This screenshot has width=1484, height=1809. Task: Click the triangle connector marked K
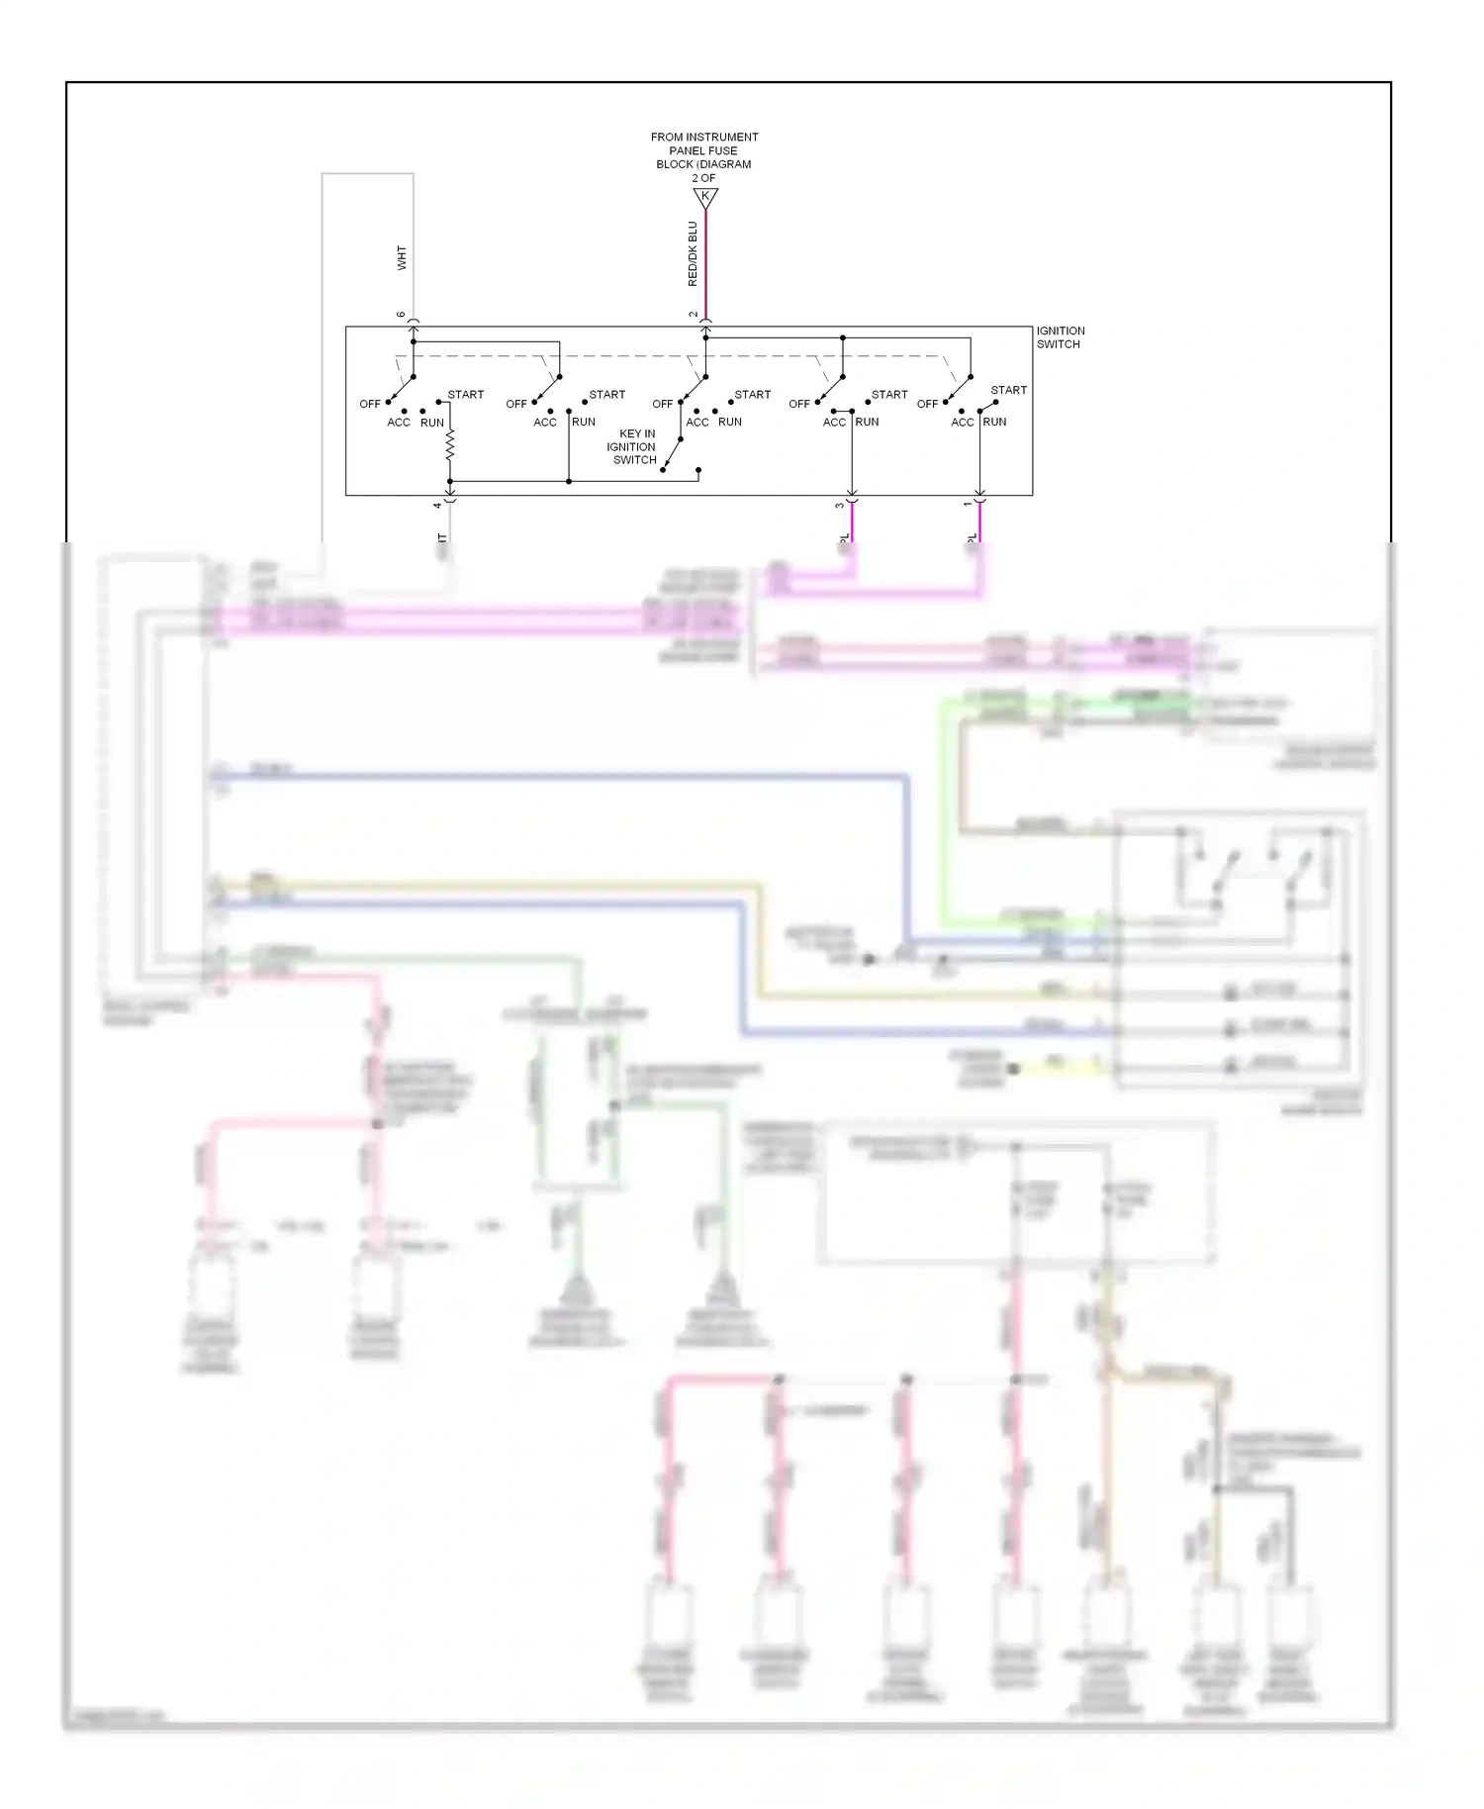tap(704, 197)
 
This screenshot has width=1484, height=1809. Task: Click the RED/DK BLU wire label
tap(693, 254)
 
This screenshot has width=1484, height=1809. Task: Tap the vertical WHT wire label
tap(402, 258)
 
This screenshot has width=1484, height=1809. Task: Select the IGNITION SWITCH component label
tap(1060, 337)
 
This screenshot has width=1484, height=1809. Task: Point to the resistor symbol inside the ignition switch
tap(449, 446)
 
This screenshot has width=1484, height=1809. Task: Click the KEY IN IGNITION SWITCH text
tap(634, 446)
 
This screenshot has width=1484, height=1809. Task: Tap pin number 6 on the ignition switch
tap(402, 315)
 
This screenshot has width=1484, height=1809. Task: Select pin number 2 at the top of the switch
tap(694, 315)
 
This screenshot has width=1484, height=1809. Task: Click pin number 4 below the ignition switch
tap(437, 505)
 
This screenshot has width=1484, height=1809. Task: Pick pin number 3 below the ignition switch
tap(839, 505)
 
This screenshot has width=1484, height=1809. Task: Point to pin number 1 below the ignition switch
tap(968, 505)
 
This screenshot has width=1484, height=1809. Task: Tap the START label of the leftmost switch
tap(465, 395)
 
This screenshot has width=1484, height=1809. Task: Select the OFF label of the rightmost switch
tap(927, 404)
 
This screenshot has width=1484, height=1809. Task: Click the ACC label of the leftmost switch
tap(399, 423)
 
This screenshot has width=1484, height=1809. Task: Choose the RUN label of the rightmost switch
tap(994, 422)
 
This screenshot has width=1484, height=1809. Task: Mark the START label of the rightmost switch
tap(1008, 390)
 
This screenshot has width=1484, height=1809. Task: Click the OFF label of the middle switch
tap(662, 404)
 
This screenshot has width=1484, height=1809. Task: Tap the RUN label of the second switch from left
tap(584, 422)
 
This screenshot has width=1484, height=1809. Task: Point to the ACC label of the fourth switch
tap(834, 422)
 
